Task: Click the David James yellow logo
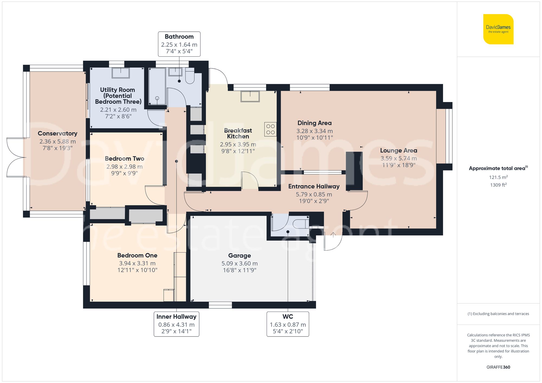pyautogui.click(x=498, y=29)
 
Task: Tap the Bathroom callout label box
pyautogui.click(x=179, y=44)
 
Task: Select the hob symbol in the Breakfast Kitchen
pyautogui.click(x=270, y=129)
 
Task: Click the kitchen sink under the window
pyautogui.click(x=250, y=96)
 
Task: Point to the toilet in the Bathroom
pyautogui.click(x=190, y=77)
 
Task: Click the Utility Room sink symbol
pyautogui.click(x=121, y=73)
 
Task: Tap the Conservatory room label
pyautogui.click(x=57, y=133)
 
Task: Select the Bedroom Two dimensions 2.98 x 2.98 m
pyautogui.click(x=124, y=167)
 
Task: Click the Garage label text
pyautogui.click(x=239, y=256)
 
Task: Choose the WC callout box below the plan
pyautogui.click(x=288, y=324)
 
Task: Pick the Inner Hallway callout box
pyautogui.click(x=176, y=324)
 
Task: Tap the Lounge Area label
pyautogui.click(x=398, y=150)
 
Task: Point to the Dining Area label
pyautogui.click(x=314, y=123)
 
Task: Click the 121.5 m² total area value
pyautogui.click(x=498, y=177)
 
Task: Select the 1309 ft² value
pyautogui.click(x=498, y=185)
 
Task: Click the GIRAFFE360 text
pyautogui.click(x=498, y=367)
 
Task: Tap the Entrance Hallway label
pyautogui.click(x=314, y=186)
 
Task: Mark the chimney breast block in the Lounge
pyautogui.click(x=354, y=171)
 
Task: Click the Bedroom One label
pyautogui.click(x=137, y=256)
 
